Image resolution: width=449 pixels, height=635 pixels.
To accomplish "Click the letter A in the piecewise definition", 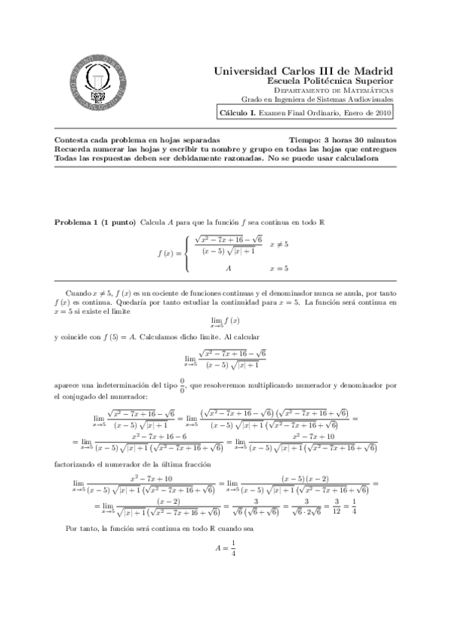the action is click(227, 267).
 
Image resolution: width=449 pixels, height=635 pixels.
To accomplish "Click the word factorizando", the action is click(78, 464).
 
